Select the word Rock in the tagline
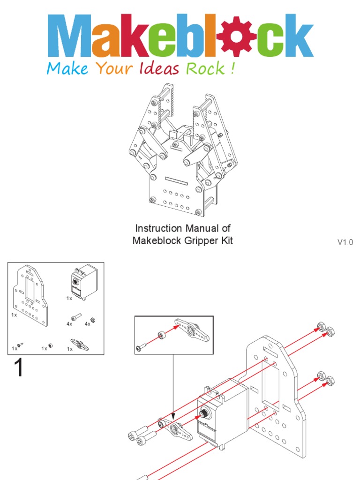(205, 69)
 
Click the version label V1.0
(345, 242)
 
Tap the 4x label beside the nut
(87, 324)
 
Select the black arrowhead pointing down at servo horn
(173, 416)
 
